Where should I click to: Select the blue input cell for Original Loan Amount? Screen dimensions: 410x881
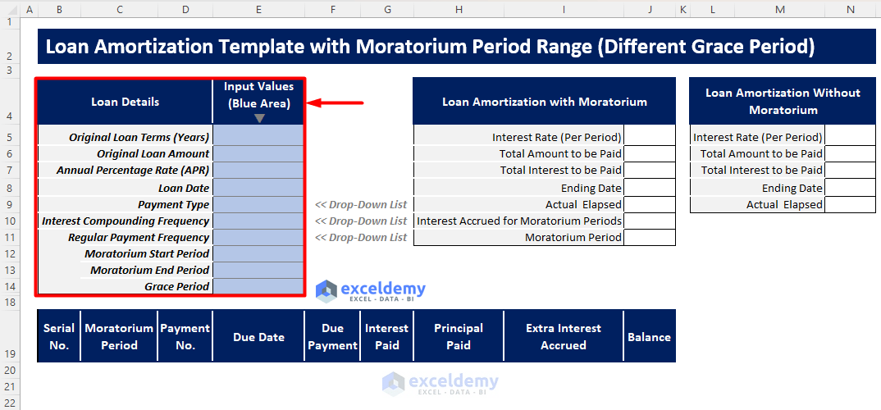click(258, 153)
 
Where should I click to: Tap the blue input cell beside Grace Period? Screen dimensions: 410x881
click(258, 286)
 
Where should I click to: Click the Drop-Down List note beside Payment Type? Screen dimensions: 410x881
click(361, 204)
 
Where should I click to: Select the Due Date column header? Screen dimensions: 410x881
click(258, 336)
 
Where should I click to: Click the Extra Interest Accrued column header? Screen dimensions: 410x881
click(564, 336)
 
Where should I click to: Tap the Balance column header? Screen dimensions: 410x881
click(649, 336)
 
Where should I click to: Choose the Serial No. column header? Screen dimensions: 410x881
click(59, 336)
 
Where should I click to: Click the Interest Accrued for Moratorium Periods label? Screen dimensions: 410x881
click(519, 221)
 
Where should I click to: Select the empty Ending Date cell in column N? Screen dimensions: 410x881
click(851, 188)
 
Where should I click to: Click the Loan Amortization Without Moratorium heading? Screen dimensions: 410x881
click(783, 101)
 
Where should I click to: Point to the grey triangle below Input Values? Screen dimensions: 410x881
click(259, 118)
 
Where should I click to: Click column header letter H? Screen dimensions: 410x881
click(459, 9)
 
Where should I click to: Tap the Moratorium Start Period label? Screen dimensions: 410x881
click(147, 253)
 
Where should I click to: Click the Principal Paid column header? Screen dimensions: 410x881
click(458, 336)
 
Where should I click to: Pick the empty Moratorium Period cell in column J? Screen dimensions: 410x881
click(649, 237)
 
